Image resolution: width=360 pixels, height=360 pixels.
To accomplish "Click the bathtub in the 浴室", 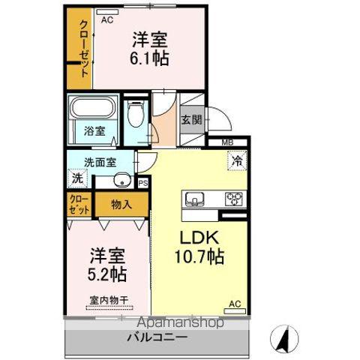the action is (x=93, y=107).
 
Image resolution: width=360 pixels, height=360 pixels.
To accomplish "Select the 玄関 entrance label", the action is (x=191, y=120).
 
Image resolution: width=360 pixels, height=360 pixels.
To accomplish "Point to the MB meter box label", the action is (x=227, y=142).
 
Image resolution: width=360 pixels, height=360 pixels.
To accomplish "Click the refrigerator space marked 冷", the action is (x=237, y=161).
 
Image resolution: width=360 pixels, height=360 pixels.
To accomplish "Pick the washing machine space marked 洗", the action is (x=77, y=178).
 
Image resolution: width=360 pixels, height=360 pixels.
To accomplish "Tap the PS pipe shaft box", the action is (x=143, y=183).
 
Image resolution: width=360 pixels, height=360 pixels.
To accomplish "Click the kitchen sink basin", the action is (x=194, y=199).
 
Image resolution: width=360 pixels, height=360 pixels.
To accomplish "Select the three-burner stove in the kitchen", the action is (x=234, y=199).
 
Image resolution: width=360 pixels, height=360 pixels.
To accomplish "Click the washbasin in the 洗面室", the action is (x=122, y=180).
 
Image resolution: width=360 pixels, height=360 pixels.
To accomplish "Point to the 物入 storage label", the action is (x=121, y=205).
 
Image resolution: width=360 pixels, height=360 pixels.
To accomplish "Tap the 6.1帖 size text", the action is (x=149, y=58).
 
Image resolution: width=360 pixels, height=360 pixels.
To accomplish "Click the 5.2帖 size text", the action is (x=106, y=274).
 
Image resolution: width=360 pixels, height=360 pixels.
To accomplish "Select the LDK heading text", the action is (x=199, y=238).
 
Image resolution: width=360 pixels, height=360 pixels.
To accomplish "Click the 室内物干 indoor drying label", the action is (x=109, y=300).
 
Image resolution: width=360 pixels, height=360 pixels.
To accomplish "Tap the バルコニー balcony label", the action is (x=157, y=337).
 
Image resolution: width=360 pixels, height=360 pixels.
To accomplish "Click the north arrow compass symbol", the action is (x=284, y=339).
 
